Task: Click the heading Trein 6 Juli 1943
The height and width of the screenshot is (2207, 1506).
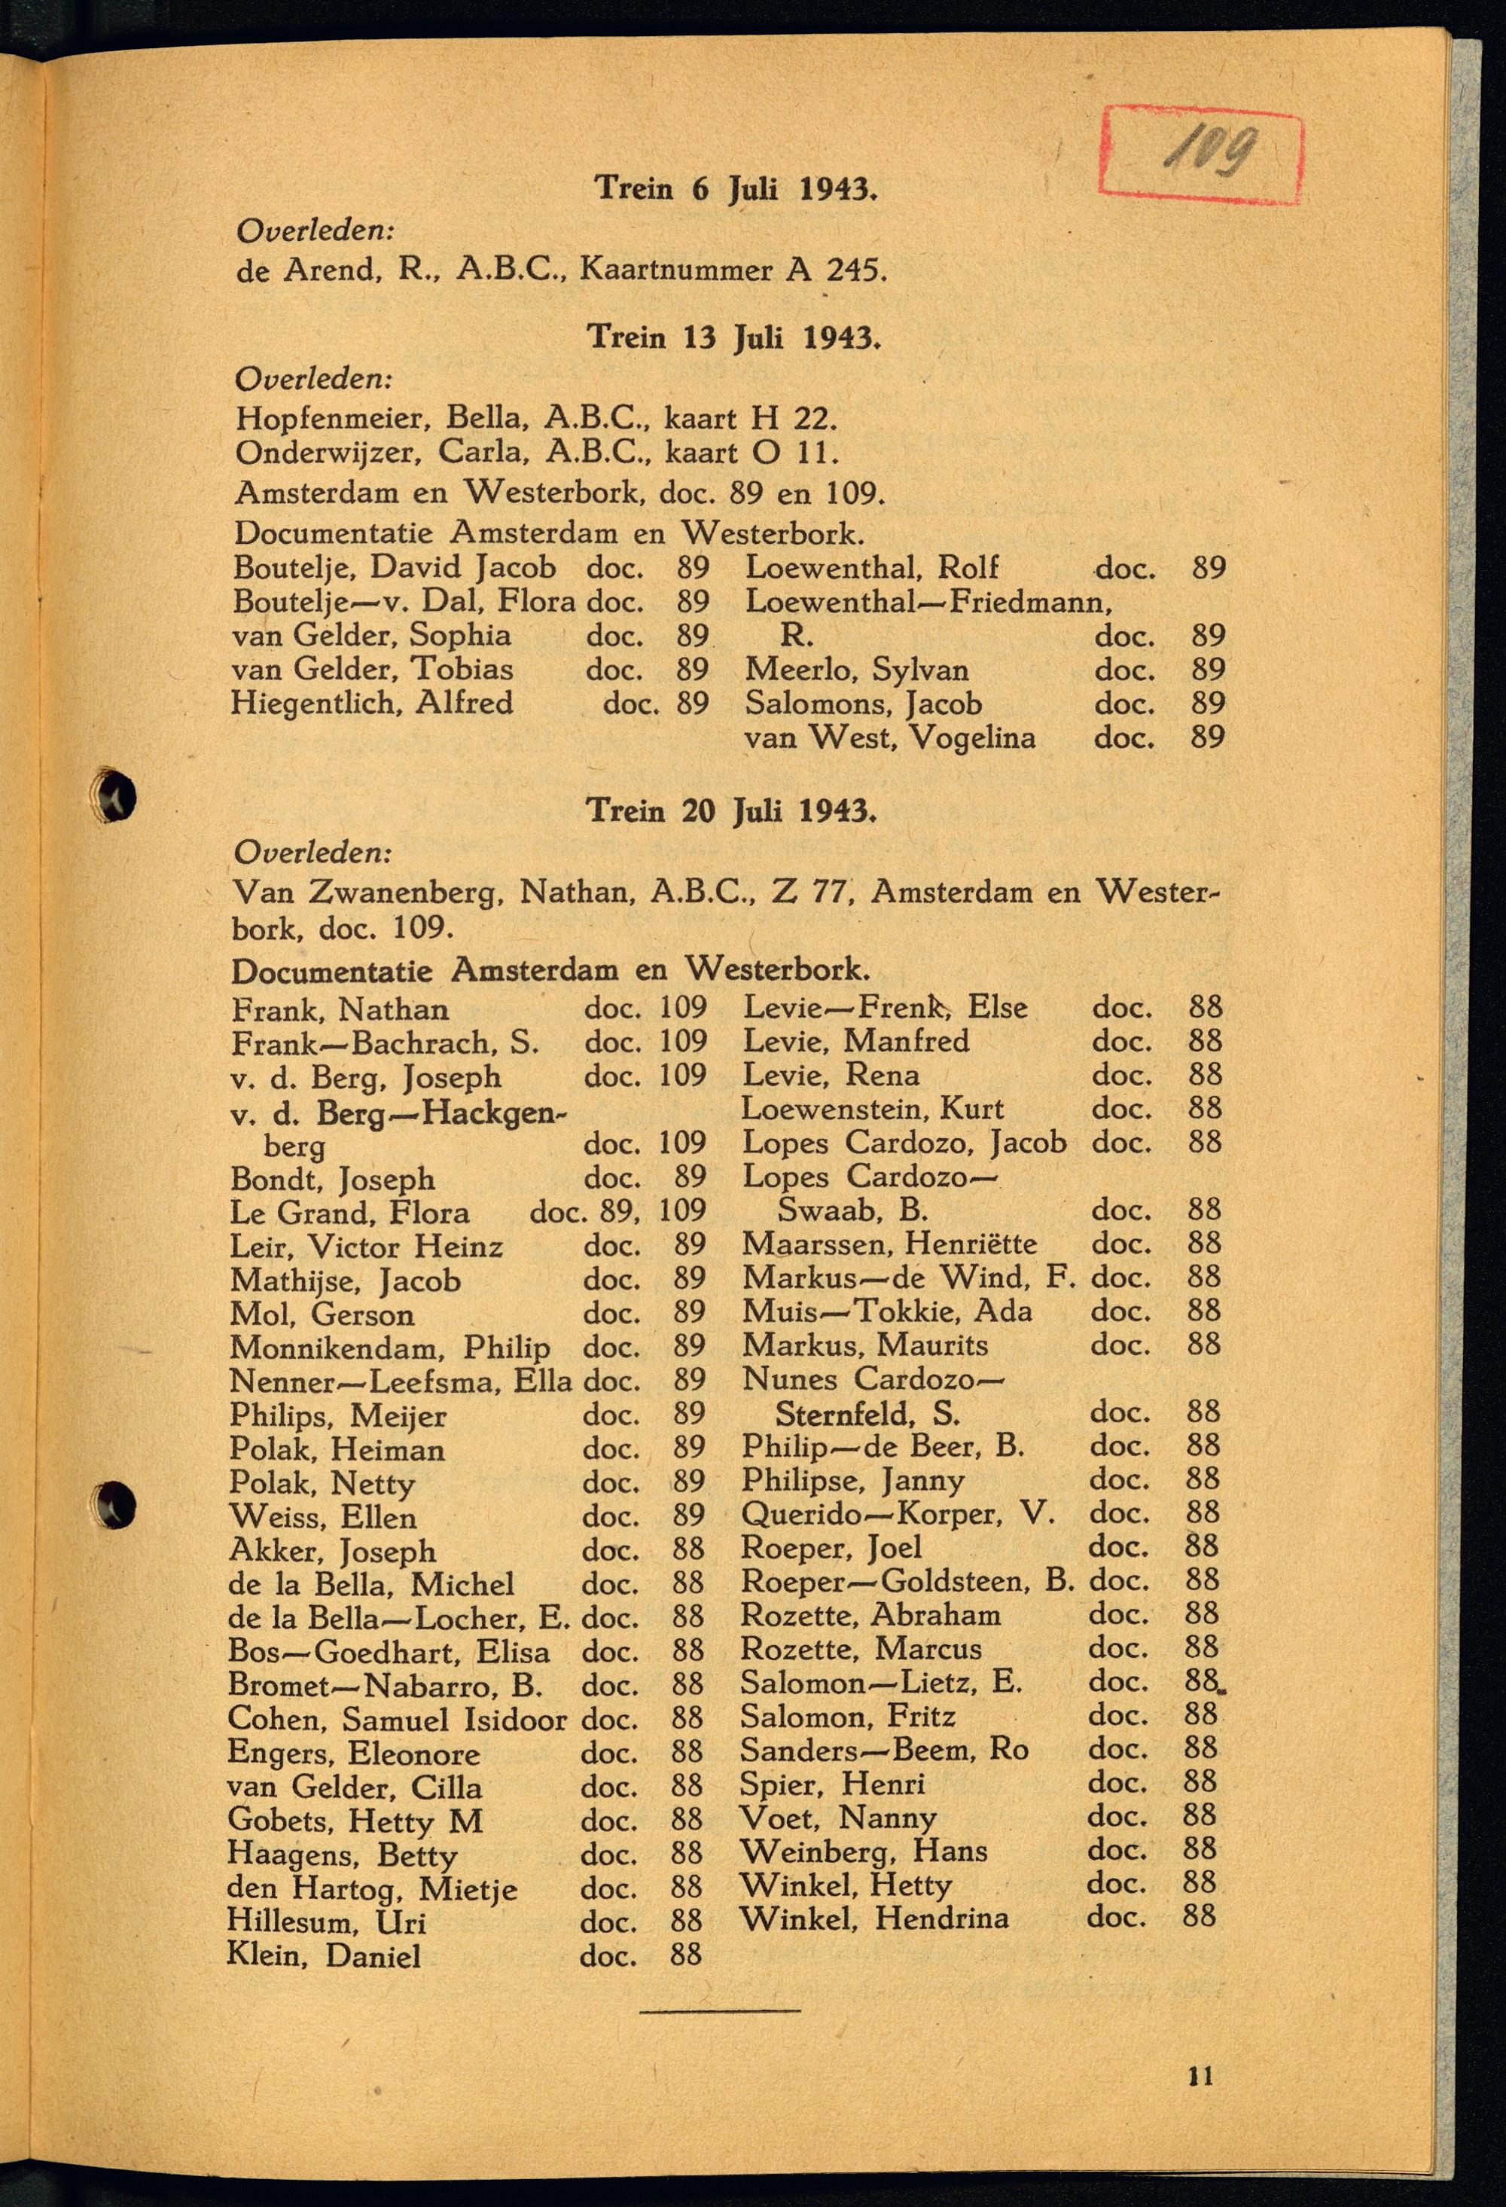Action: click(735, 188)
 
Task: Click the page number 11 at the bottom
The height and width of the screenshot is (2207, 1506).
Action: click(1200, 2076)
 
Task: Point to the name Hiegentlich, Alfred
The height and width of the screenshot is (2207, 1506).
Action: click(372, 704)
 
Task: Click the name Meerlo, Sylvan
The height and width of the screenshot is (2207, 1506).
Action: click(856, 670)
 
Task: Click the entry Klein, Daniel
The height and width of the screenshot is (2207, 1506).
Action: click(323, 1955)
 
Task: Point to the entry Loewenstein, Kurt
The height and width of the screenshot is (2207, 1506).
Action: click(872, 1108)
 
